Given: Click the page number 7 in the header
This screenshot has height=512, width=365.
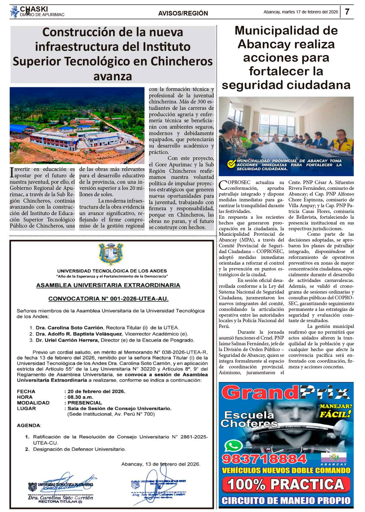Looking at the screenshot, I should pos(347,12).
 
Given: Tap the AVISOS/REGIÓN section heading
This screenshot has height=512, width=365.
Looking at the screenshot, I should pos(183,13).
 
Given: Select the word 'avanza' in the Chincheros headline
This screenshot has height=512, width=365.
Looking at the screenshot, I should pos(113,76).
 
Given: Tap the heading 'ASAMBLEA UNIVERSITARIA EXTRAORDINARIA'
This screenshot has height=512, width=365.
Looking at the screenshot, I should pos(108,285).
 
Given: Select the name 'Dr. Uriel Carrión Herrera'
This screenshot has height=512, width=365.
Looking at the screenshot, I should pos(68,340).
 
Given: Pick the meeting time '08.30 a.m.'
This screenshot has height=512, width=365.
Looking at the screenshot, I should pos(80,397).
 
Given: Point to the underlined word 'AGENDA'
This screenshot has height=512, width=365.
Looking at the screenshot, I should pos(28,425).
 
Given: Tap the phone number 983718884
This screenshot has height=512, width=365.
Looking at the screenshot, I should pos(265,458).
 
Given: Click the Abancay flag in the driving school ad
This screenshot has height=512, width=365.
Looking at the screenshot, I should pos(334,457).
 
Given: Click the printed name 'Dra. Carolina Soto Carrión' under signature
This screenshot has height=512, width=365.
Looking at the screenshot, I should pos(61,498).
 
